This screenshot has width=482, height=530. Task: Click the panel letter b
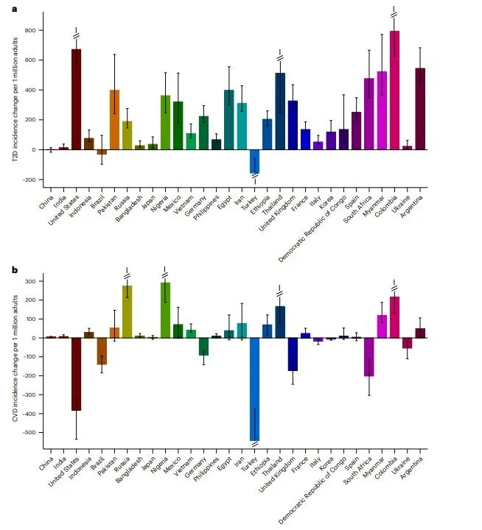coord(14,270)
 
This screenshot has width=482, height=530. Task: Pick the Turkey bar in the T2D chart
coord(255,161)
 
